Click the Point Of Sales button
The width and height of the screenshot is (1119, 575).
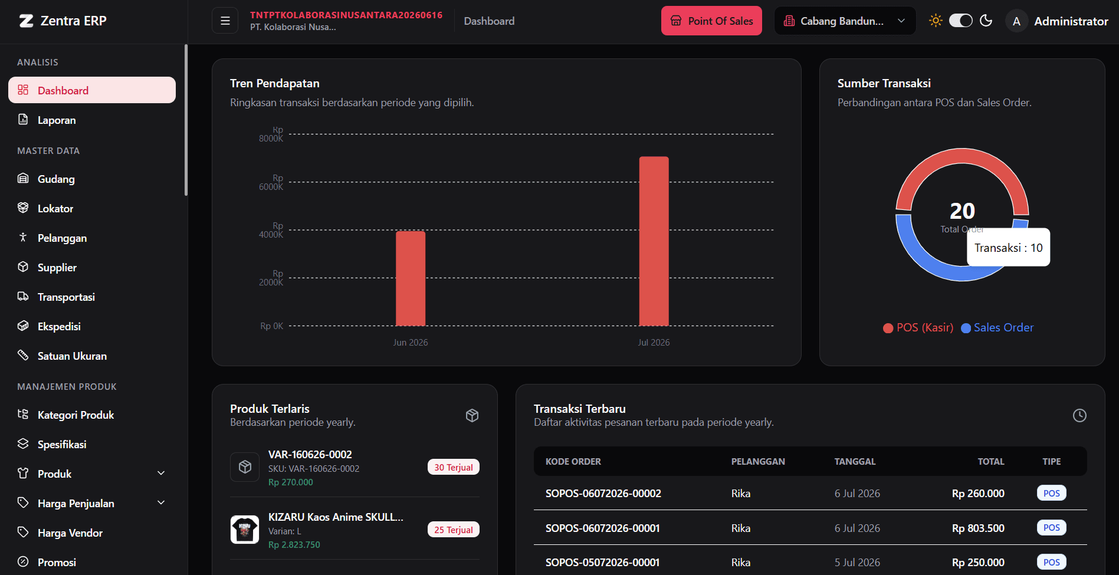coord(711,21)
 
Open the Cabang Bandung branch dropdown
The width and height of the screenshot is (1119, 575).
coord(845,21)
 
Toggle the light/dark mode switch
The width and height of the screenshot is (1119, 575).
coord(960,21)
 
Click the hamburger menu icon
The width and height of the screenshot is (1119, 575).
coord(225,21)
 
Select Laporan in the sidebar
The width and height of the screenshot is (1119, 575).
coord(57,120)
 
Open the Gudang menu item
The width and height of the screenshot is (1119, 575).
coord(56,179)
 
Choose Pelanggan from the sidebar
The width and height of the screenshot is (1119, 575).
coord(62,238)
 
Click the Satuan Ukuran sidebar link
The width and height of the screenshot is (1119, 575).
coord(72,356)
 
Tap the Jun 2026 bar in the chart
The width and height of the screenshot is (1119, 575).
coord(411,278)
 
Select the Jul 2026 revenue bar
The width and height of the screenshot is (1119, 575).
coord(654,241)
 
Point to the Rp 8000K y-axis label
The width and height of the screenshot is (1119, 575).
coord(271,134)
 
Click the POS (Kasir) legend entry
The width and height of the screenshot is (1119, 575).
coord(918,327)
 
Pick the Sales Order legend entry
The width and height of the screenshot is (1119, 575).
coord(997,327)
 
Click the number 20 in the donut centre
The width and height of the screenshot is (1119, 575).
coord(962,211)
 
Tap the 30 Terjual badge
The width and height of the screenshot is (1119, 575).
coord(454,467)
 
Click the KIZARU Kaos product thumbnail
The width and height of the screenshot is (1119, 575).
coord(245,530)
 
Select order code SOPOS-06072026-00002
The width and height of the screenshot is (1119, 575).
coord(603,494)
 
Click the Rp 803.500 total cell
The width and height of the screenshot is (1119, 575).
coord(978,528)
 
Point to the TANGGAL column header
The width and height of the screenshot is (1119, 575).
coord(855,462)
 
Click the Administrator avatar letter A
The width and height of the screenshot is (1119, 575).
coord(1016,21)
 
